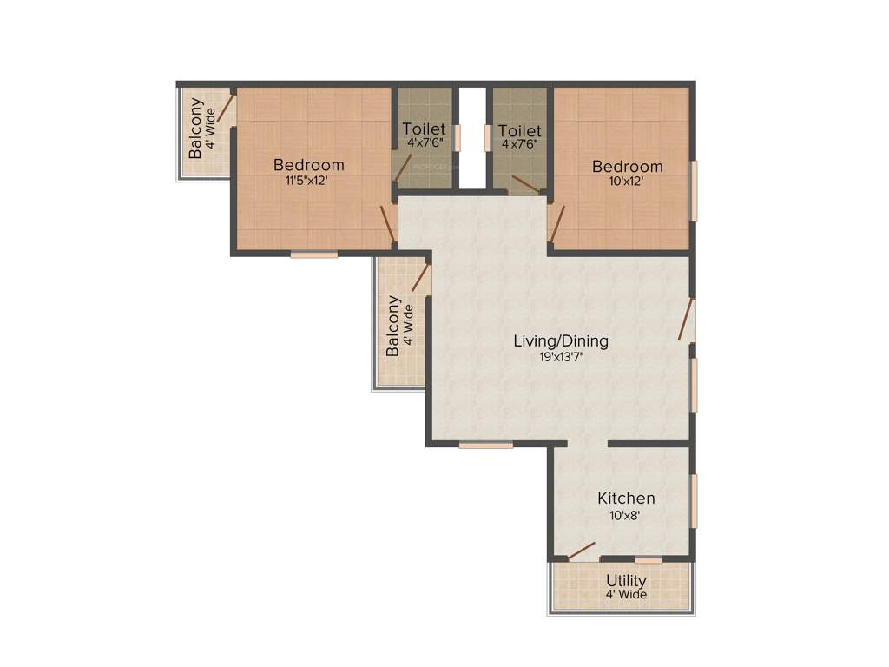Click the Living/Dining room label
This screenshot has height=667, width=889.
point(560,340)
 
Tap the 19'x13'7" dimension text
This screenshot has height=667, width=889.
point(560,356)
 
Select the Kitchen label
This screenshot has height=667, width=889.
point(626,499)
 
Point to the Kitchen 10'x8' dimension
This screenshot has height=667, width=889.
point(626,514)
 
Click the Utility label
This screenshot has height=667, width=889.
point(626,581)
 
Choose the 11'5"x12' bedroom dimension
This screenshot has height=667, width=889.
point(309,181)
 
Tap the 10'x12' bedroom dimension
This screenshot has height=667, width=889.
point(628,182)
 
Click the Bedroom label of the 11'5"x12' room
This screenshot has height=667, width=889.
point(309,165)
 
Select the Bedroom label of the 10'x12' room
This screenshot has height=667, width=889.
point(628,167)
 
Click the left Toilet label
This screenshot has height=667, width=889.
point(425,129)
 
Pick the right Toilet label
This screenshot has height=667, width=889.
point(519,131)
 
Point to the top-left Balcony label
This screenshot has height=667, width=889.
point(197,128)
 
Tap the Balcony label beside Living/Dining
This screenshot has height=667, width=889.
point(393,326)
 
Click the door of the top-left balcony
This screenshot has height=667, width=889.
point(226,107)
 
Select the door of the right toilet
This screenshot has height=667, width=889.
point(525,184)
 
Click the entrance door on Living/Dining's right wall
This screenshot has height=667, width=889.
point(687,320)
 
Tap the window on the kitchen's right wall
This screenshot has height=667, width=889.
point(694,500)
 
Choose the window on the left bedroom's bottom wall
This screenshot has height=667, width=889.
point(313,254)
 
